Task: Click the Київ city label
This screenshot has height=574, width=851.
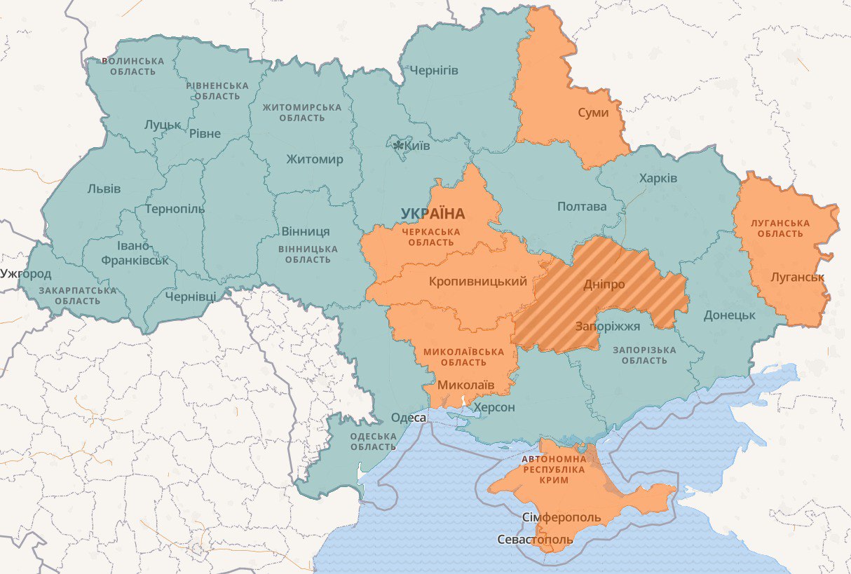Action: (418, 146)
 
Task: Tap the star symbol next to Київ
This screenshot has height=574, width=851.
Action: (399, 146)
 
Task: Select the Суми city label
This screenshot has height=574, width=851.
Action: (593, 112)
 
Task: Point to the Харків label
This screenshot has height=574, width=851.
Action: (658, 178)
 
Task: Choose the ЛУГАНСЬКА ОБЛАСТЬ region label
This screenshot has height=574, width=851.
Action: (779, 228)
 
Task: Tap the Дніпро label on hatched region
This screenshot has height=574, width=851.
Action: (604, 285)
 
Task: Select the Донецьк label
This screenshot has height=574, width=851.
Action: (729, 315)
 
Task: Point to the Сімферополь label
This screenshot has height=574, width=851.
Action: (561, 517)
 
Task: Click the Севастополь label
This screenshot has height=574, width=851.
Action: (535, 540)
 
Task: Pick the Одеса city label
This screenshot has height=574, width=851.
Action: (408, 418)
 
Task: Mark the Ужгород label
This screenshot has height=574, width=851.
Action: (26, 273)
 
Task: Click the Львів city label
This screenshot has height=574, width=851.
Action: (104, 189)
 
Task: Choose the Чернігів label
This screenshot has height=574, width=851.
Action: (433, 70)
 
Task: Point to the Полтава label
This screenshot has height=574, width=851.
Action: (581, 206)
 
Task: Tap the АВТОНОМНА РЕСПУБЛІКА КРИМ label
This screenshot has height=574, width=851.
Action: (554, 470)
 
